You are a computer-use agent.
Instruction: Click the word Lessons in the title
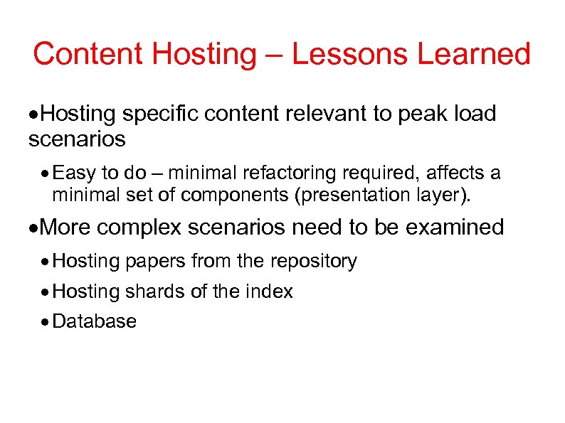tap(337, 54)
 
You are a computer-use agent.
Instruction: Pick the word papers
tap(156, 261)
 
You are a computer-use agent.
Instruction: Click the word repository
tap(313, 261)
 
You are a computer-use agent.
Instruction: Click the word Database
tap(95, 321)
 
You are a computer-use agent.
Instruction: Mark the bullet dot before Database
tap(46, 322)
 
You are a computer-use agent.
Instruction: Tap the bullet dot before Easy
tap(46, 173)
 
